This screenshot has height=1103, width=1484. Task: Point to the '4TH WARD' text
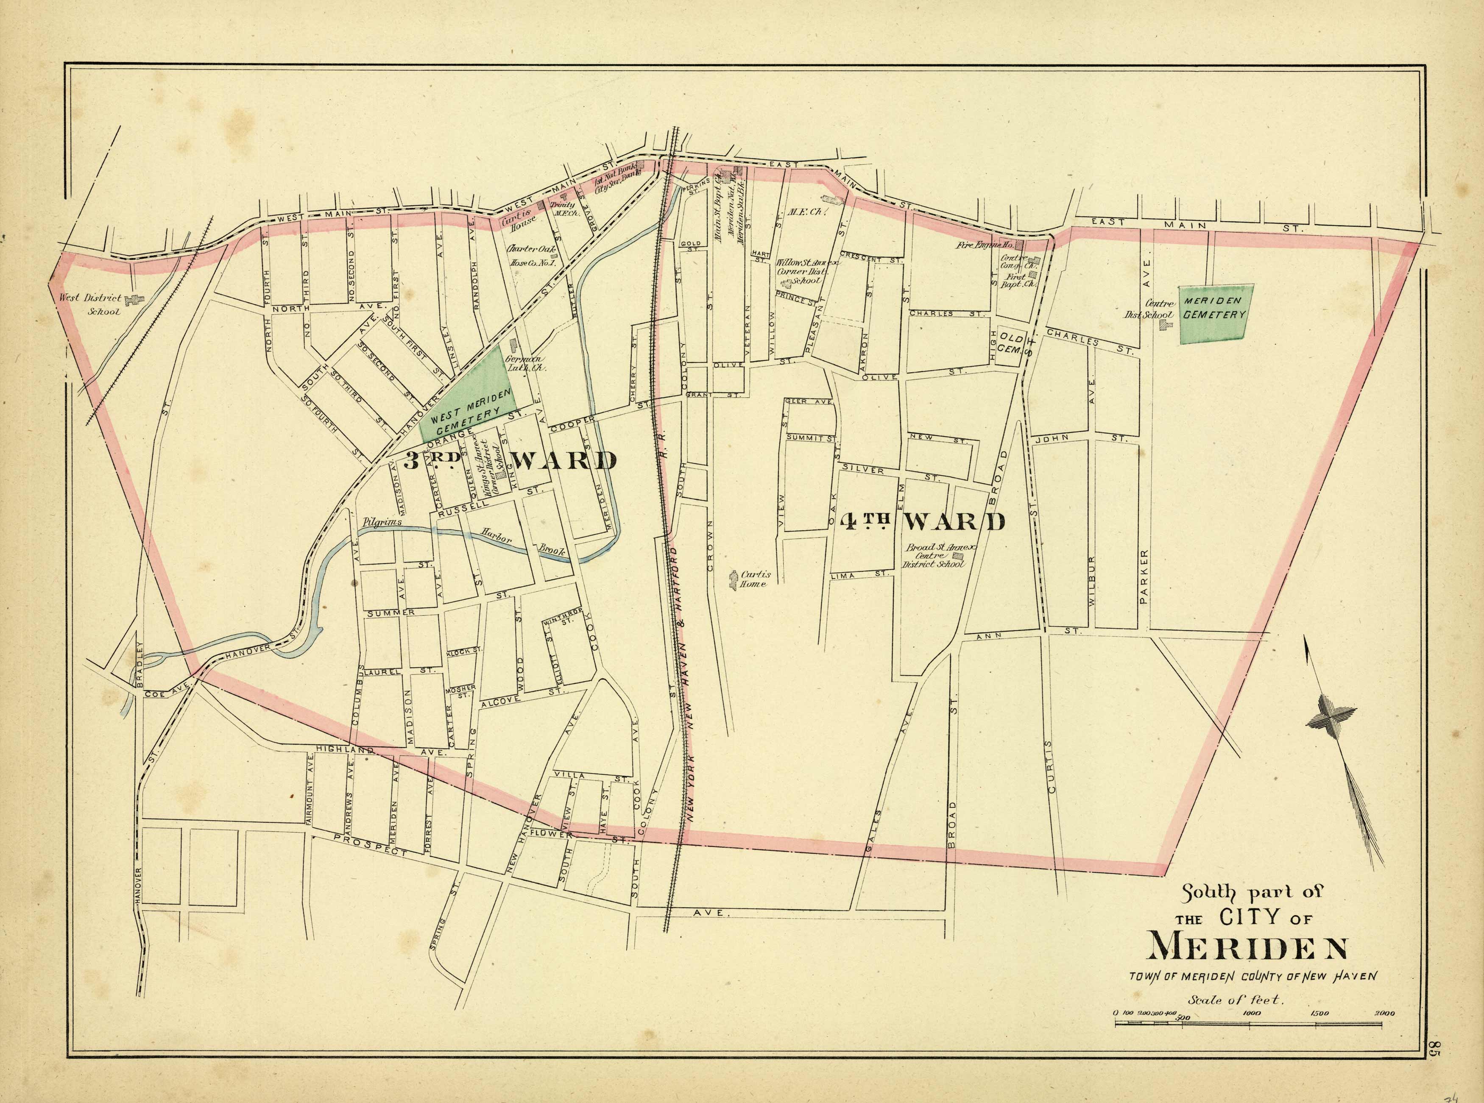coord(922,521)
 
